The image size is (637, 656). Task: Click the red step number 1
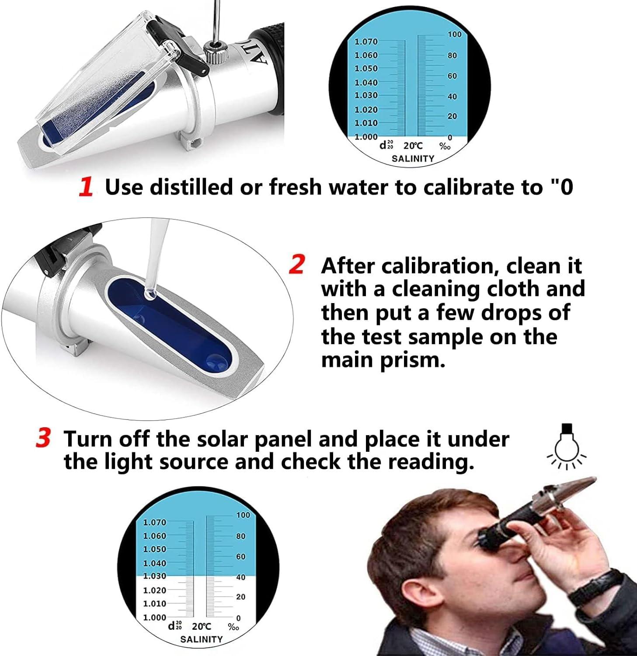point(86,187)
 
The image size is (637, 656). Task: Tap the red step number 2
point(297,265)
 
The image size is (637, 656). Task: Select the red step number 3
point(43,438)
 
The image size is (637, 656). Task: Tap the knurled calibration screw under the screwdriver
point(215,55)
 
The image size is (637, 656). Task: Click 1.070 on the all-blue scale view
point(365,42)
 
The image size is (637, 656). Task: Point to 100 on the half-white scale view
point(243,515)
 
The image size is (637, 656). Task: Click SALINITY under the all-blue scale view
point(413,158)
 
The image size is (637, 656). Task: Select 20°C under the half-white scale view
point(202,626)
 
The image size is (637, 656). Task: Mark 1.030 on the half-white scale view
point(155,576)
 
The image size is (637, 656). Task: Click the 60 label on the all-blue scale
point(452,76)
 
